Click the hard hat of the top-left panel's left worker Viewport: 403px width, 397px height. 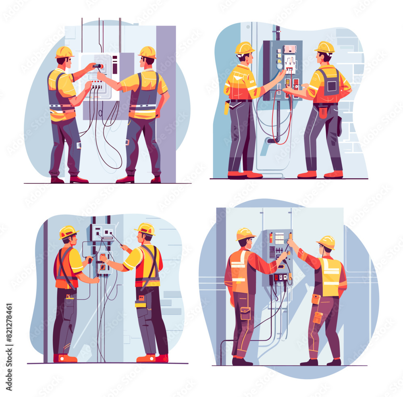click(64, 52)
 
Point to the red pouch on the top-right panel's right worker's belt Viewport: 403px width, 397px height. click(323, 112)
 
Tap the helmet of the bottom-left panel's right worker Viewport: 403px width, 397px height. click(146, 229)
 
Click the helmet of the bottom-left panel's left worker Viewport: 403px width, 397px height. click(68, 232)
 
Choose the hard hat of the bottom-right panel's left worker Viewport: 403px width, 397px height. click(245, 234)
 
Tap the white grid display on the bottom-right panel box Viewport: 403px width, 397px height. click(279, 238)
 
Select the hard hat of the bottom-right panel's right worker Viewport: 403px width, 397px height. click(326, 242)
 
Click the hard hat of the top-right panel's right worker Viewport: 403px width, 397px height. click(325, 47)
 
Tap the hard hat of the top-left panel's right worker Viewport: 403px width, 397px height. click(147, 52)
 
